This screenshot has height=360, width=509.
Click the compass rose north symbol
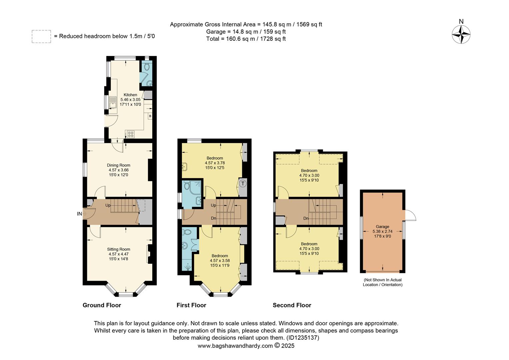tap(461, 34)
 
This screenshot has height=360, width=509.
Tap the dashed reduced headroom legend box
tap(41, 36)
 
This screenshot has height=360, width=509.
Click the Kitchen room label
tap(130, 95)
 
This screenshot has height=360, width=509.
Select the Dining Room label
tap(119, 165)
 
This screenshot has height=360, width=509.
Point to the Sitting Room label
tap(119, 249)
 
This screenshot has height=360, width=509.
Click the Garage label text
tap(382, 227)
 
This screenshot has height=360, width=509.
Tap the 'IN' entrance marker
tap(79, 214)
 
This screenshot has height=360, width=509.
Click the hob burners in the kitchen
tap(131, 134)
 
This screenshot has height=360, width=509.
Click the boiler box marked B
tap(150, 116)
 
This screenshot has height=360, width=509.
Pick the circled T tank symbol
tap(243, 183)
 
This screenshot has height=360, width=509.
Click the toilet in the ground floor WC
tap(147, 67)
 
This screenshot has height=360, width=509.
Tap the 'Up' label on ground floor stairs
tap(108, 205)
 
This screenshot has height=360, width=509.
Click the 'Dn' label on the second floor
tap(305, 219)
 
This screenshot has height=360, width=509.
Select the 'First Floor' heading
tap(191, 305)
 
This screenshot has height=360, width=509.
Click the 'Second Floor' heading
tap(292, 305)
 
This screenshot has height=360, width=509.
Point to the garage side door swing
tap(410, 216)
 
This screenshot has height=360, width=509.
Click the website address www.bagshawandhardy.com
tap(235, 346)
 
